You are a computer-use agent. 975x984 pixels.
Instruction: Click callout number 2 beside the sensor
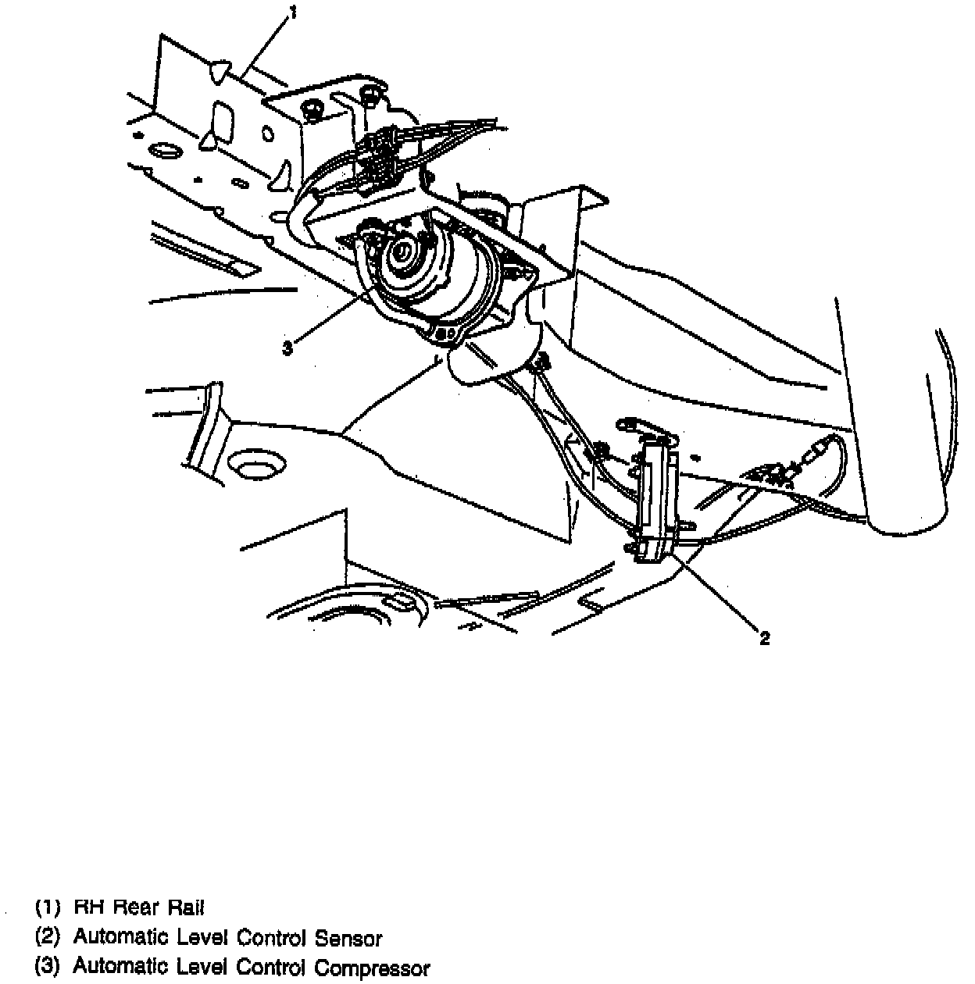(764, 638)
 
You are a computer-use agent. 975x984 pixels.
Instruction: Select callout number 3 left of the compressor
(287, 348)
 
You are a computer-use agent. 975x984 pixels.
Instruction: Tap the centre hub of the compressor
(404, 251)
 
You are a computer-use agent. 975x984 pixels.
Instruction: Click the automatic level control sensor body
(657, 500)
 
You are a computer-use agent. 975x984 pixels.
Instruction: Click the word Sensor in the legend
(348, 938)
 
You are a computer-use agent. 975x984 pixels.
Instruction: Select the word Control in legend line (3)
(271, 968)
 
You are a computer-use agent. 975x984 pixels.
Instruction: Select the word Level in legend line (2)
(198, 938)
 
